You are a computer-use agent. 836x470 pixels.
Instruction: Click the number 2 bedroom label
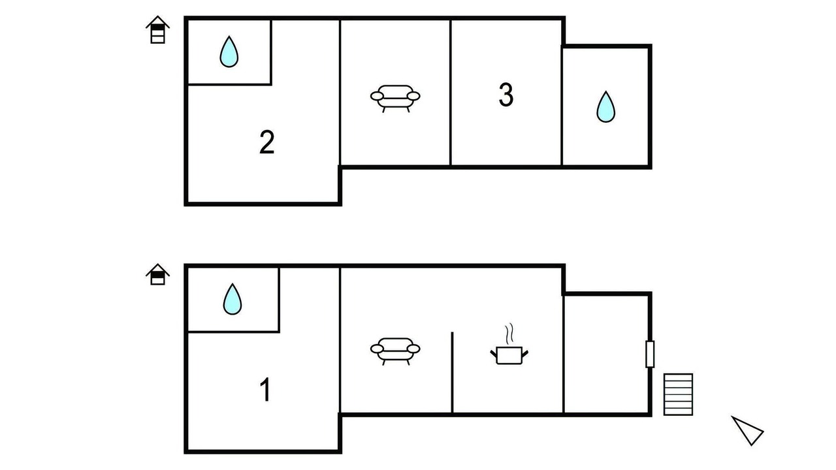pos(267,142)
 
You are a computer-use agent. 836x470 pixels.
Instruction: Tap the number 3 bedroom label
pos(506,95)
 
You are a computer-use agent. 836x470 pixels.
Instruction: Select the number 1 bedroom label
pos(265,390)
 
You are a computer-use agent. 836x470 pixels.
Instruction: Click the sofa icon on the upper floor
pos(395,99)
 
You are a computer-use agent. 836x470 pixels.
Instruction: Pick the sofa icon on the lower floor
pos(395,351)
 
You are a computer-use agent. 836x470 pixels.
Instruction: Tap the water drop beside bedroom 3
pos(605,106)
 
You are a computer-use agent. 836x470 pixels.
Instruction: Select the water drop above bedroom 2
pos(229,52)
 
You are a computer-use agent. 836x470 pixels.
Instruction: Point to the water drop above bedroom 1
pos(233,299)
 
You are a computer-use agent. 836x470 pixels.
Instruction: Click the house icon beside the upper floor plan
pos(157,30)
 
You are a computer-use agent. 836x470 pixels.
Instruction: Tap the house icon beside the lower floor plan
pos(157,275)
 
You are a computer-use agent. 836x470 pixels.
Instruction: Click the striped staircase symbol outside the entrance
pos(678,394)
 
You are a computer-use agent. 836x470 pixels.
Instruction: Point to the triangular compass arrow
pos(748,430)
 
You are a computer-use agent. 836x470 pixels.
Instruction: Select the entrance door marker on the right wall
pos(650,354)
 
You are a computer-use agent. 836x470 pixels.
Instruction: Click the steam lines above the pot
pos(509,334)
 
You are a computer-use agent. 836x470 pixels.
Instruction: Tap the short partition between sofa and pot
pos(453,372)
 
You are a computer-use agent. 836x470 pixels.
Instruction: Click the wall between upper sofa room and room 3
pos(451,93)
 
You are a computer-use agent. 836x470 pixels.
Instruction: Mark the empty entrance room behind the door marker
pos(606,354)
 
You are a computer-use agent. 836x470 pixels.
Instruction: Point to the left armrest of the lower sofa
pos(377,349)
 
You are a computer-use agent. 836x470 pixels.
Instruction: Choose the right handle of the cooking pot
pos(525,353)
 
